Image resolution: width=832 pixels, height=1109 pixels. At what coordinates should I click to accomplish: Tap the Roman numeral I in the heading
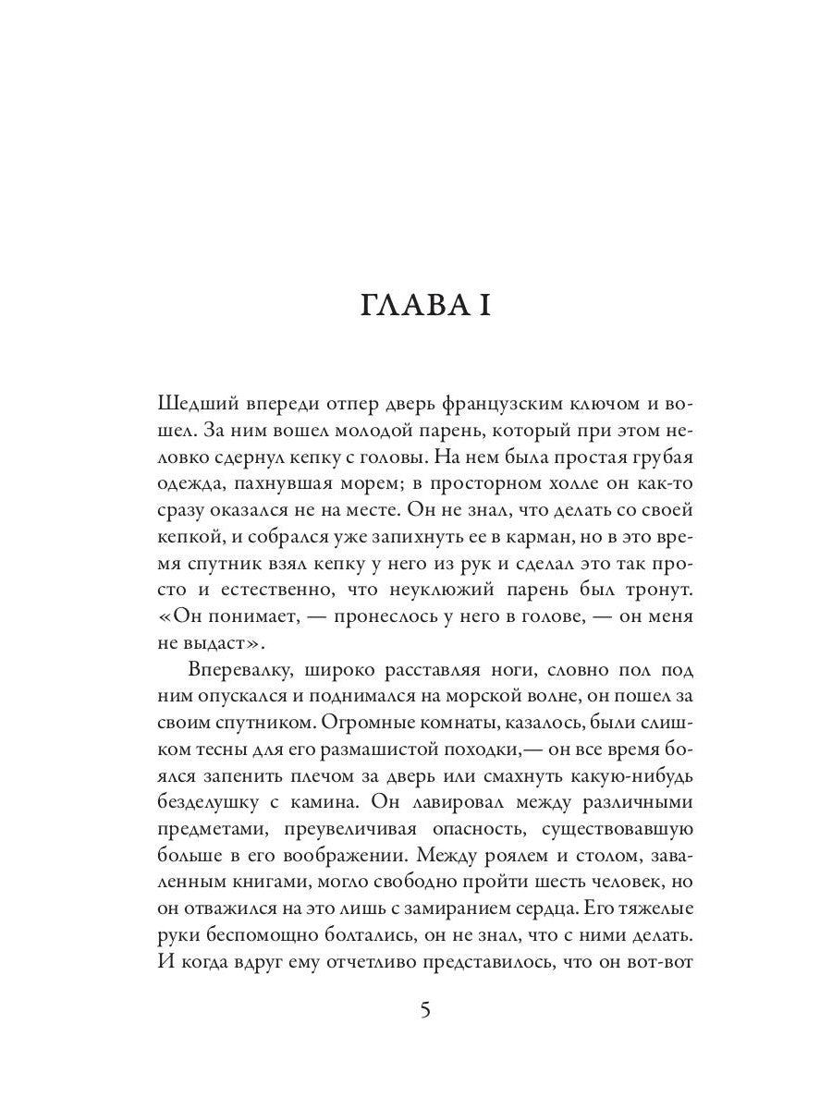coord(483,304)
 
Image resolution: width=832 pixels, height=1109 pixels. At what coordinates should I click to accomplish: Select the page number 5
coord(424,1009)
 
